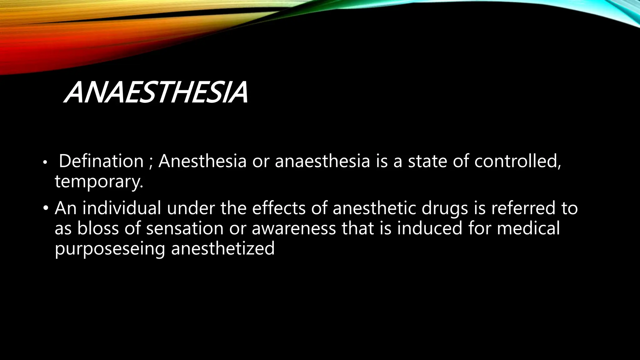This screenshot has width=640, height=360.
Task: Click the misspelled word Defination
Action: [101, 161]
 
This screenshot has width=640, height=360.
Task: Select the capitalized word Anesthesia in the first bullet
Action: [202, 161]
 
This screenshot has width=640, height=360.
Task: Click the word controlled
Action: [517, 161]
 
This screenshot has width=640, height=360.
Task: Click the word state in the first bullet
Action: [427, 161]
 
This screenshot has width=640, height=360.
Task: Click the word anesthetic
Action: [374, 208]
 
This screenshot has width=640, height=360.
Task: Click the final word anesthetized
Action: [223, 248]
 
